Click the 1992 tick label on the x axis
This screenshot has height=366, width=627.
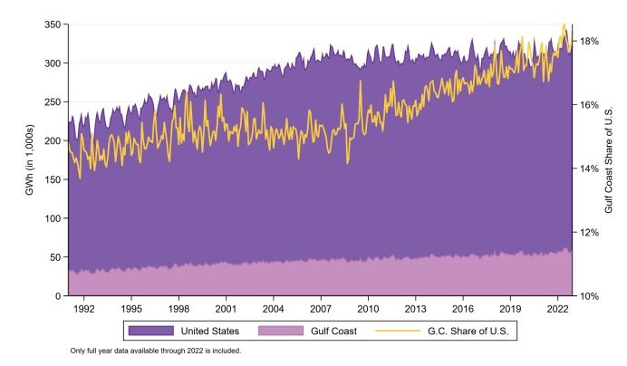point(83,309)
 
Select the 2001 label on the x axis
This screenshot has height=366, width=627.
point(226,309)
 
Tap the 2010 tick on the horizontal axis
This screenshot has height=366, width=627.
point(368,309)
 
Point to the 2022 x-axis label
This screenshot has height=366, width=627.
point(557,309)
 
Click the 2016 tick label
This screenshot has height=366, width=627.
point(463,309)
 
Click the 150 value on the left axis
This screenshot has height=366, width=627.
point(51,179)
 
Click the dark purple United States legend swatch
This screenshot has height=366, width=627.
point(149,332)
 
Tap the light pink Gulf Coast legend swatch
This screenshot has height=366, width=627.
point(279,332)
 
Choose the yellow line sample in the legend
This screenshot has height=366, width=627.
point(408,332)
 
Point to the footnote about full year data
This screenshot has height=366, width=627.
point(156,352)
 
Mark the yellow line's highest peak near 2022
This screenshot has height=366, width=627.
point(564,24)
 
